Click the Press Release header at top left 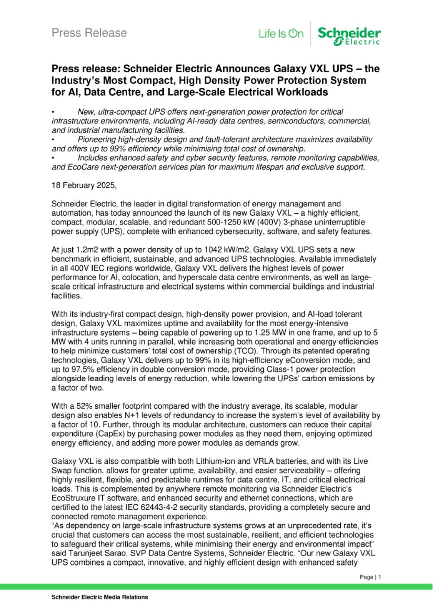[x=89, y=33]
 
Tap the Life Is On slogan [x=281, y=34]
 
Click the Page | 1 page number [x=371, y=577]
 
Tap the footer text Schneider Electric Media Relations [x=100, y=597]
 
